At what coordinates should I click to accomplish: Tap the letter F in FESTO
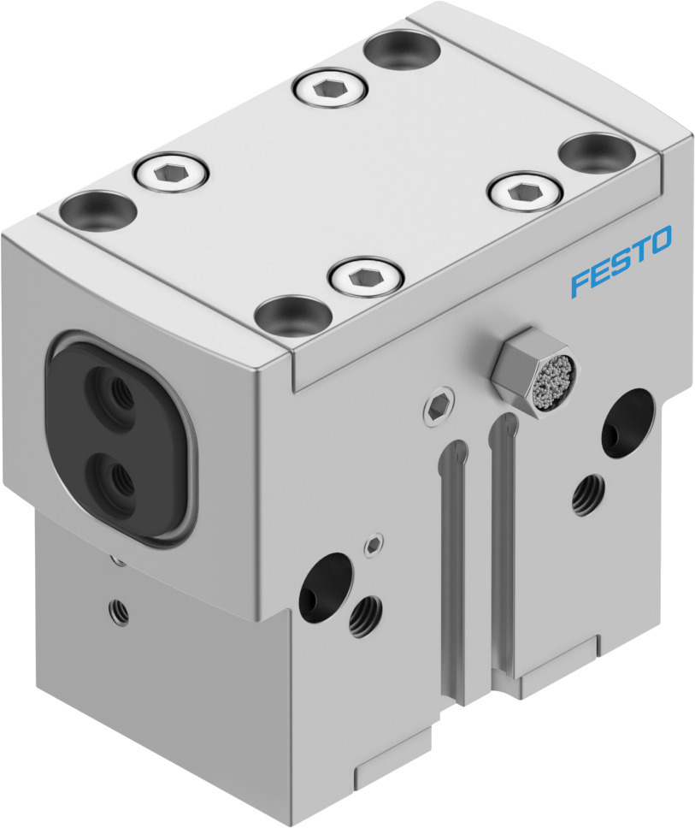(580, 282)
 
